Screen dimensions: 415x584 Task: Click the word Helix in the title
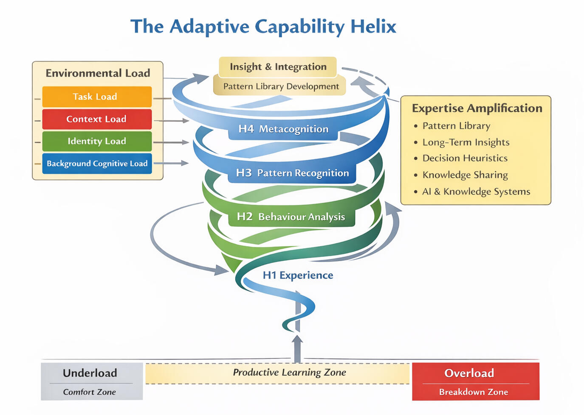tap(373, 27)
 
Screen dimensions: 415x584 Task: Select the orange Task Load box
tap(96, 97)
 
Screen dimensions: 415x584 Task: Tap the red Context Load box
tap(96, 119)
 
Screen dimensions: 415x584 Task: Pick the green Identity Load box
tap(96, 141)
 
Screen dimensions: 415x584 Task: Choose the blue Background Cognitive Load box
tap(97, 164)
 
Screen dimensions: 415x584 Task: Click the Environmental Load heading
tap(98, 73)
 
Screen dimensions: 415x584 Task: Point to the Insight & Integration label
tap(278, 67)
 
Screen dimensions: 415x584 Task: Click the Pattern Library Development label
tap(281, 86)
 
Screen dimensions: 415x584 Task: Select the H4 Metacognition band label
tap(283, 129)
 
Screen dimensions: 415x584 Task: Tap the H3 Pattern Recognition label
tap(292, 173)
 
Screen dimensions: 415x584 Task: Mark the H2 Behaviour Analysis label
tap(291, 217)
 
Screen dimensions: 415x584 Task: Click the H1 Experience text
tap(298, 276)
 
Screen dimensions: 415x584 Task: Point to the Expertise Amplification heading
tap(477, 108)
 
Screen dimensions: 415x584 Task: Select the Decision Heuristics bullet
tap(465, 158)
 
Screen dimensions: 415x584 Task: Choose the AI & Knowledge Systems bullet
tap(476, 192)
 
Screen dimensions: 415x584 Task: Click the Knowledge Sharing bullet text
tap(465, 175)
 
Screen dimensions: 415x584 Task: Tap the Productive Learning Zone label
tap(289, 373)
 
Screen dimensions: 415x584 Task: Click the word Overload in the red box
tap(469, 373)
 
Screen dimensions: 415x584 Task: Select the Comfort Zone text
tap(89, 392)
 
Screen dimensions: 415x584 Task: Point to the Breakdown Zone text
tap(473, 392)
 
